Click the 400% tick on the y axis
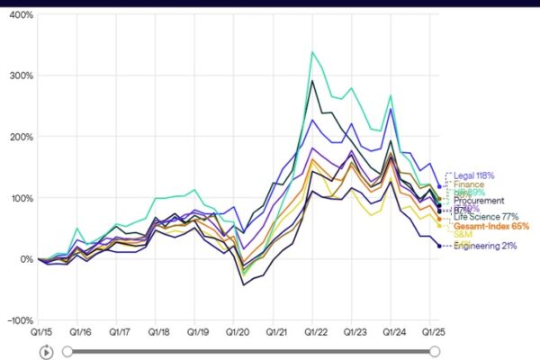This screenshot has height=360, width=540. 21,15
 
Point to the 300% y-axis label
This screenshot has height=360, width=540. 21,76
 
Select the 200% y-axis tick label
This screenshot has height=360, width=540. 21,137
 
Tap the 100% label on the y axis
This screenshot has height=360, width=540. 21,198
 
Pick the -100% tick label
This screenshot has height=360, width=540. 19,320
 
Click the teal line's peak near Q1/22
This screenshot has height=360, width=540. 312,52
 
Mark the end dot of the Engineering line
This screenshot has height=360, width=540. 438,246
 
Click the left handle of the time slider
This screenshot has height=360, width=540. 67,351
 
